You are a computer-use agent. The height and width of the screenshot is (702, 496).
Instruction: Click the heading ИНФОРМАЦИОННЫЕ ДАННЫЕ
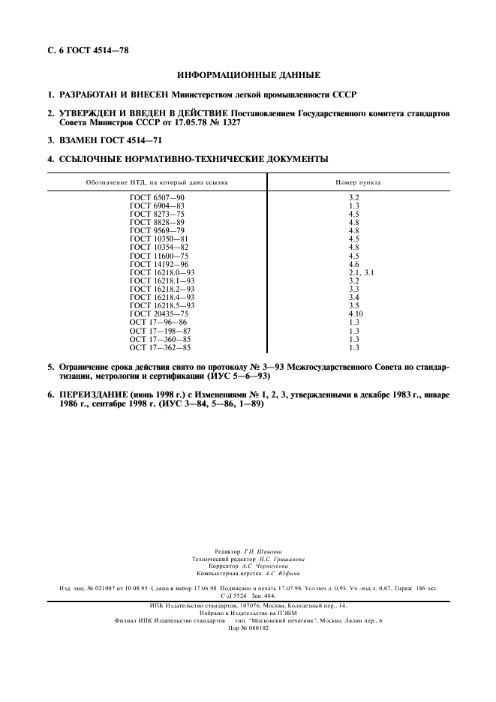248,75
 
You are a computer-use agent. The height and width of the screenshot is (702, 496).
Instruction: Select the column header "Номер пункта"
358,182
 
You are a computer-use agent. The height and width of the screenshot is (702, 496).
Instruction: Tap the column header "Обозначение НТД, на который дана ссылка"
157,182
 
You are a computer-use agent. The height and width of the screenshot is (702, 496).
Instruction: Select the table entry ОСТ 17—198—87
160,331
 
